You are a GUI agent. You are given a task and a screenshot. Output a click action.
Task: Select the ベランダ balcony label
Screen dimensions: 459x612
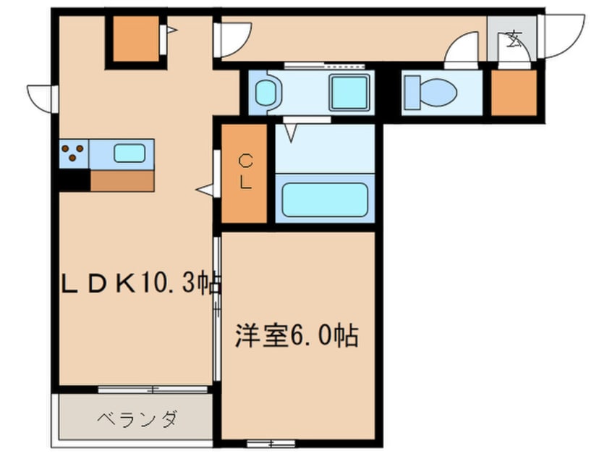[x=137, y=418]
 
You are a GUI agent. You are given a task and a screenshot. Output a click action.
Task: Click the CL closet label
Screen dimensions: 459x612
[x=245, y=172]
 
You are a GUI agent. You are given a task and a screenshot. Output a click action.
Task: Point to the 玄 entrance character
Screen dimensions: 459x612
[x=514, y=38]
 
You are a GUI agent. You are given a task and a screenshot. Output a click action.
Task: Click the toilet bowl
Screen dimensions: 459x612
[x=431, y=93]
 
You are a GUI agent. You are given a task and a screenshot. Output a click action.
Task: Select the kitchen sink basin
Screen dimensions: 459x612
[x=129, y=153]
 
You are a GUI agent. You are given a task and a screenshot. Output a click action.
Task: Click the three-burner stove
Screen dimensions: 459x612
[x=72, y=153]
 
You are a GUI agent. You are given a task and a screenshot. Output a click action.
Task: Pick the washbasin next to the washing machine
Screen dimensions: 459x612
[x=266, y=93]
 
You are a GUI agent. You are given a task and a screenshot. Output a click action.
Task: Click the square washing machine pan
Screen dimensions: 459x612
[x=349, y=93]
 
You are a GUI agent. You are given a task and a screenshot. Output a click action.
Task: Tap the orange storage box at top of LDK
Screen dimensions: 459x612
[x=134, y=38]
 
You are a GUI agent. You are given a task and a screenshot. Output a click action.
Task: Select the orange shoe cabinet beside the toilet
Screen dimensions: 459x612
[x=514, y=93]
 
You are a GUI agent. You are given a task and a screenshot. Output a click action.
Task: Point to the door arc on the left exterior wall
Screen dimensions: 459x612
[x=40, y=98]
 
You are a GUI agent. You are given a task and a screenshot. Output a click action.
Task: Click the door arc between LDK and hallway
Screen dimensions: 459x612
[x=234, y=38]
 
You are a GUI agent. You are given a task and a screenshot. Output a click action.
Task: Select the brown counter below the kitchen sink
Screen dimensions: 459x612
[x=122, y=180]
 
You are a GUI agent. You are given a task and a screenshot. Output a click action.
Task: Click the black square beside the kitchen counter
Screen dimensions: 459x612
[x=73, y=180]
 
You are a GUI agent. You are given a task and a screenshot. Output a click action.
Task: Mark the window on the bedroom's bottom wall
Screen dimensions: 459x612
[x=271, y=442]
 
